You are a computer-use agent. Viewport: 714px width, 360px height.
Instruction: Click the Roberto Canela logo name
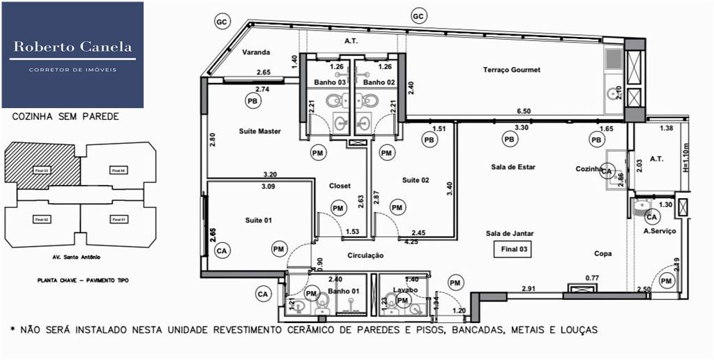73,47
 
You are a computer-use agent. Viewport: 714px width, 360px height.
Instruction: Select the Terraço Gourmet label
512,70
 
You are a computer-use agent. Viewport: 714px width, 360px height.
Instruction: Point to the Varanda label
256,52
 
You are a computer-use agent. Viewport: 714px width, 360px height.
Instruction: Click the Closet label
340,186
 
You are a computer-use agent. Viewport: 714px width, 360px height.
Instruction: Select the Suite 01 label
257,220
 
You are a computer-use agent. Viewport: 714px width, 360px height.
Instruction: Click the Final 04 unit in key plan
118,170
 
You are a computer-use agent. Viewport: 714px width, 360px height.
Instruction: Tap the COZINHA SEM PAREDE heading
66,117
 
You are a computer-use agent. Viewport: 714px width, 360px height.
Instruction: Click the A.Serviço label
659,231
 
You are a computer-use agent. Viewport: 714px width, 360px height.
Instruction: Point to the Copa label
602,254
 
